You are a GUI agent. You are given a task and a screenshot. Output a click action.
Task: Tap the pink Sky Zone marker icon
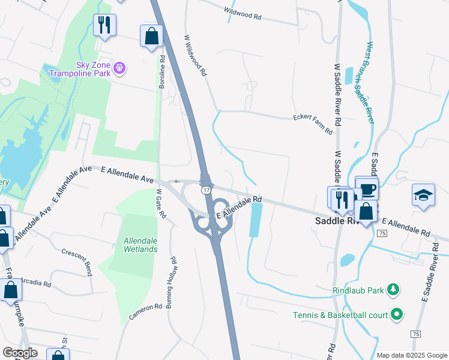tap(119, 67)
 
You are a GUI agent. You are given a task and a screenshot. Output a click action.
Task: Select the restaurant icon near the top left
tap(105, 25)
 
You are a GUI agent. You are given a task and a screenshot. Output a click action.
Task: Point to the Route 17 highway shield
tap(206, 190)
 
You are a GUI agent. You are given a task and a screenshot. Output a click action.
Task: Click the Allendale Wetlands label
tap(140, 245)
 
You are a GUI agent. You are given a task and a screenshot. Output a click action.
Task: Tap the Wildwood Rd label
tap(243, 14)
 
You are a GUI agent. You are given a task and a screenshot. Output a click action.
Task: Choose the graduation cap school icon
tap(423, 195)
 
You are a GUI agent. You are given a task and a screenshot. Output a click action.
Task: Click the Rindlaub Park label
tap(358, 291)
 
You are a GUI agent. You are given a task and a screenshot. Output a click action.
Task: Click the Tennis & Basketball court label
tap(340, 314)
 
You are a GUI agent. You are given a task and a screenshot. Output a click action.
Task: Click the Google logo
tap(20, 353)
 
